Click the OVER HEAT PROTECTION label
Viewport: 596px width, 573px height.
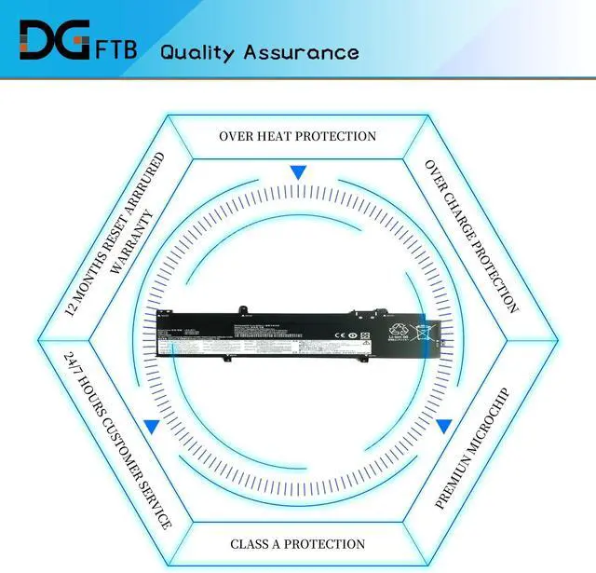pyautogui.click(x=297, y=136)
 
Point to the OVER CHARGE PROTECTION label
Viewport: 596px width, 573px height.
pyautogui.click(x=471, y=235)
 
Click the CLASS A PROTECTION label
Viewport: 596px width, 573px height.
pyautogui.click(x=297, y=543)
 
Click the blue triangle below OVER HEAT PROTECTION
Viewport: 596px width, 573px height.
pyautogui.click(x=298, y=172)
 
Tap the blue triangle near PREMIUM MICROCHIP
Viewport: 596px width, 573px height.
pyautogui.click(x=444, y=427)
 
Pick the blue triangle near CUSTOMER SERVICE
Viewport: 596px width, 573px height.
pyautogui.click(x=151, y=427)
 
